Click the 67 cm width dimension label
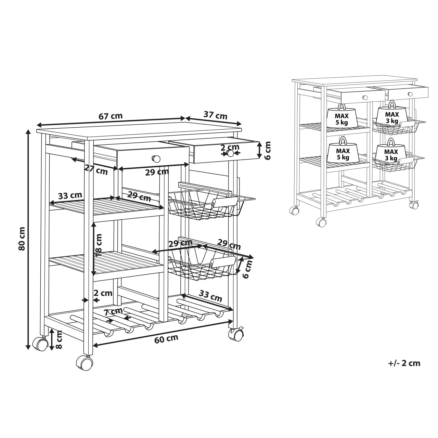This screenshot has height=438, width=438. point(111,116)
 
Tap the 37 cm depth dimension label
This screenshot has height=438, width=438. point(215,115)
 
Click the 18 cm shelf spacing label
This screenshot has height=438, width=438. point(99,245)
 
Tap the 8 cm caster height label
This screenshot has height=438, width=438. point(59,339)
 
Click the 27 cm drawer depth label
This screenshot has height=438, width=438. point(96,170)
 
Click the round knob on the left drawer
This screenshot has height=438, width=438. point(156,158)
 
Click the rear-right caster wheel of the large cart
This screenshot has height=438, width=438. point(236,334)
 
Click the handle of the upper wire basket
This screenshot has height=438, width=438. point(225,202)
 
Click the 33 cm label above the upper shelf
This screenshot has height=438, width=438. point(70,195)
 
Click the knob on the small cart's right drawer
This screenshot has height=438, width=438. point(410,94)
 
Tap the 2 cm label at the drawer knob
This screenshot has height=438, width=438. point(230,147)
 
